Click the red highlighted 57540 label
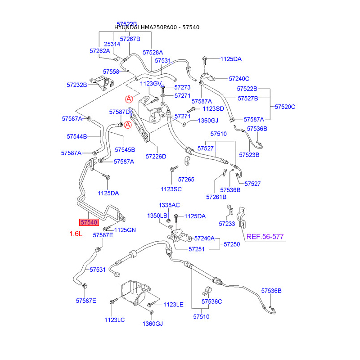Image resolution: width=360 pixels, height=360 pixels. point(89,222)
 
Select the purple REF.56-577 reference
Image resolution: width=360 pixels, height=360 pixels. point(265,237)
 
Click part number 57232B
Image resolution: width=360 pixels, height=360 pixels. point(77,85)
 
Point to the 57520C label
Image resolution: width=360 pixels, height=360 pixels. point(285,107)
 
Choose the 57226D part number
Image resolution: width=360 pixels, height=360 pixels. point(156,157)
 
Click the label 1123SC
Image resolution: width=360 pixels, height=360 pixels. point(171,189)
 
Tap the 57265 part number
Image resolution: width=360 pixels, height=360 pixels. point(186,180)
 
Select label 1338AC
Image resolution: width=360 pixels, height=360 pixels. point(169,205)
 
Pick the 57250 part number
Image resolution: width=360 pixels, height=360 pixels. point(232,244)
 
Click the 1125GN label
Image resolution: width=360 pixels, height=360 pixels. point(125,230)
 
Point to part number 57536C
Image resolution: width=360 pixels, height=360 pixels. point(211,301)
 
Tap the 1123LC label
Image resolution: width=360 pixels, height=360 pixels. point(114,319)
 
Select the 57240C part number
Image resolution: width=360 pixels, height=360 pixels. point(239,78)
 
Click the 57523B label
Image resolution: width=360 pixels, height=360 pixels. point(250,155)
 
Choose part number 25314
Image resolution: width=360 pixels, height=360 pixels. point(112,44)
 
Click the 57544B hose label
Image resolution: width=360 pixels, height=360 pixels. point(77,136)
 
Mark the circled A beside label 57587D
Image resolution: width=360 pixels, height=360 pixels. point(127,125)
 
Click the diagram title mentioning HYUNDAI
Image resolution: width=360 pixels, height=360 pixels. point(157,27)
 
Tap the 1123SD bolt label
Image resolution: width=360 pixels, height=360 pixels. point(213,108)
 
